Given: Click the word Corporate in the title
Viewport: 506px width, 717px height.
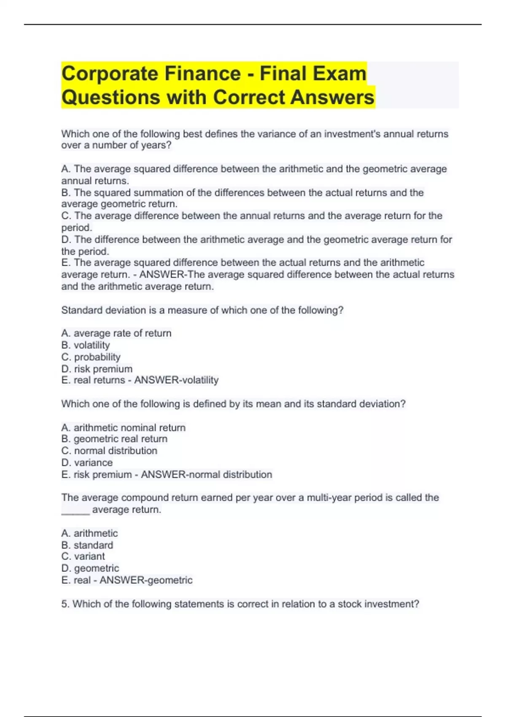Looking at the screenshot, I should coord(109,74).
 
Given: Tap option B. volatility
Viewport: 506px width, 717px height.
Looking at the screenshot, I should coord(86,345).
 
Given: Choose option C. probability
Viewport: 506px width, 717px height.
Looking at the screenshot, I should coord(91,357).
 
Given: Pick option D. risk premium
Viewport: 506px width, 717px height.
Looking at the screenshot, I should coord(97,369).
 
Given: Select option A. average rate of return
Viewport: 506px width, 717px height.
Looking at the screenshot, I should coord(116,333).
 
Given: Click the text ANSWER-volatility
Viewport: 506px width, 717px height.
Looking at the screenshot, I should coord(176,380).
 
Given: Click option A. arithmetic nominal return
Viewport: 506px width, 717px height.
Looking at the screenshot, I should coord(123,428).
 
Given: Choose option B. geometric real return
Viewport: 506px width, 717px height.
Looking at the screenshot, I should coord(114,439).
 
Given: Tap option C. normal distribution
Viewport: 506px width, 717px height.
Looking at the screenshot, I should coord(109,451).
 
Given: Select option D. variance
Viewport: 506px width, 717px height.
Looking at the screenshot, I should coord(87,463).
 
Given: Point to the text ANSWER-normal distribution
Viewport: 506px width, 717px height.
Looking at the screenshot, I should coord(206,474).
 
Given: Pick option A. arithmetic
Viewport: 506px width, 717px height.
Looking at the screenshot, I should coord(89,533).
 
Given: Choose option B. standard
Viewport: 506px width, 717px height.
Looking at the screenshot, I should coord(87,545).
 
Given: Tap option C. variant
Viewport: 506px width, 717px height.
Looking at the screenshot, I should coord(83,556).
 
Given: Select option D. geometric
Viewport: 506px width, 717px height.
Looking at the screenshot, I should coord(90,568).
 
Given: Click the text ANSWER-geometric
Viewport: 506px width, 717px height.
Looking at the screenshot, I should coord(146,580).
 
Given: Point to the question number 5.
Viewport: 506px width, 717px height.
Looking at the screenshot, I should coord(65,604).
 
